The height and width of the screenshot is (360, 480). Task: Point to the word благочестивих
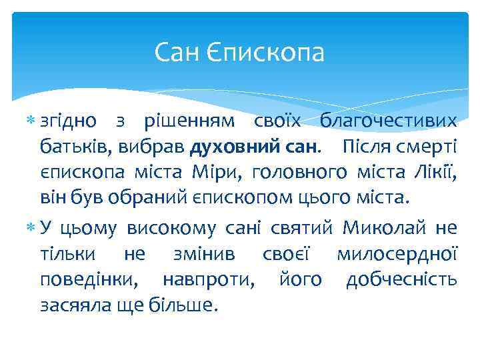click(389, 121)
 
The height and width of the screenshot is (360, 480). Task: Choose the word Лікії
click(436, 172)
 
